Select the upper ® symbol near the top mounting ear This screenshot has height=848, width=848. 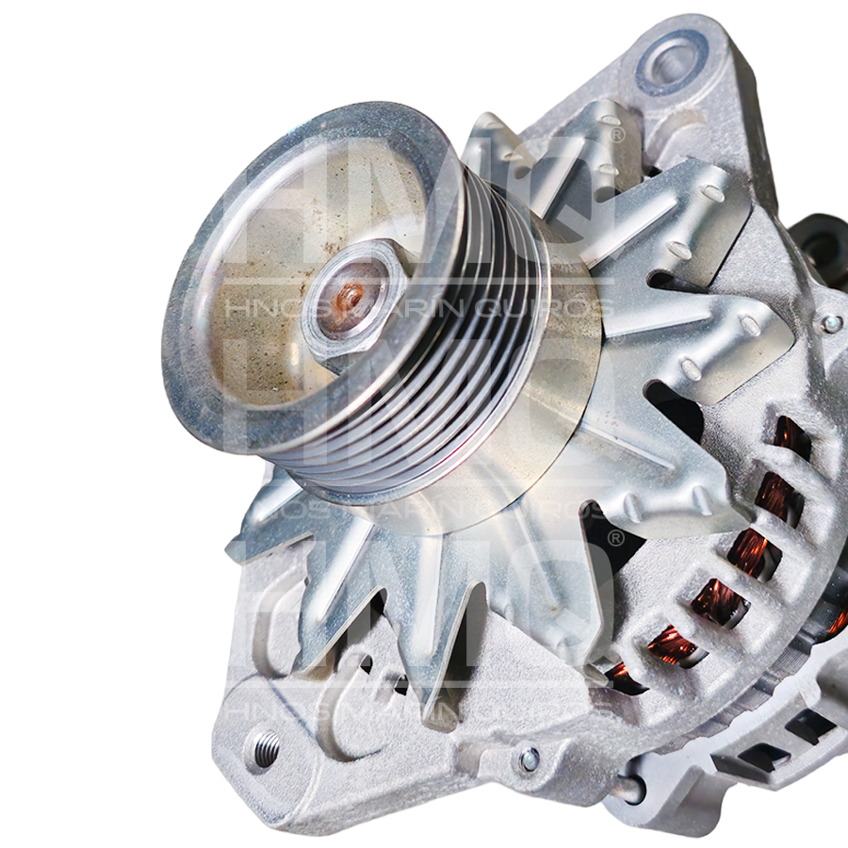(617, 135)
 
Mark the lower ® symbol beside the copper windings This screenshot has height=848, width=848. (615, 538)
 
